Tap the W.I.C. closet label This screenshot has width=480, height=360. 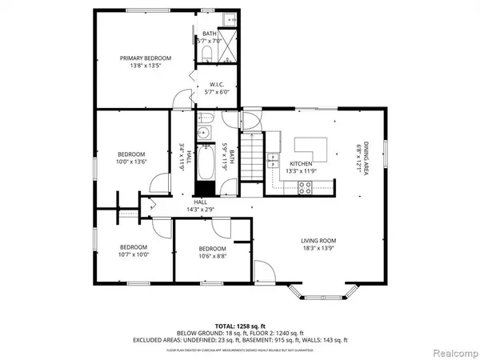tap(216, 84)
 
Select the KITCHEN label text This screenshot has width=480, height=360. tap(299, 163)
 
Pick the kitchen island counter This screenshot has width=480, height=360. tap(311, 147)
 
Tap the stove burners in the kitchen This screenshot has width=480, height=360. tap(305, 188)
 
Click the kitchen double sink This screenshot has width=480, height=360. tap(273, 145)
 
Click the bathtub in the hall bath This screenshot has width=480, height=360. tap(204, 167)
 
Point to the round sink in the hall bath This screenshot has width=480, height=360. tap(204, 134)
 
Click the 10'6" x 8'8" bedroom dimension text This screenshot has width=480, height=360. tap(212, 256)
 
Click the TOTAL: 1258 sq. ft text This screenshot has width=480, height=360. tap(240, 327)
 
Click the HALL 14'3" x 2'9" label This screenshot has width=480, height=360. tap(200, 206)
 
